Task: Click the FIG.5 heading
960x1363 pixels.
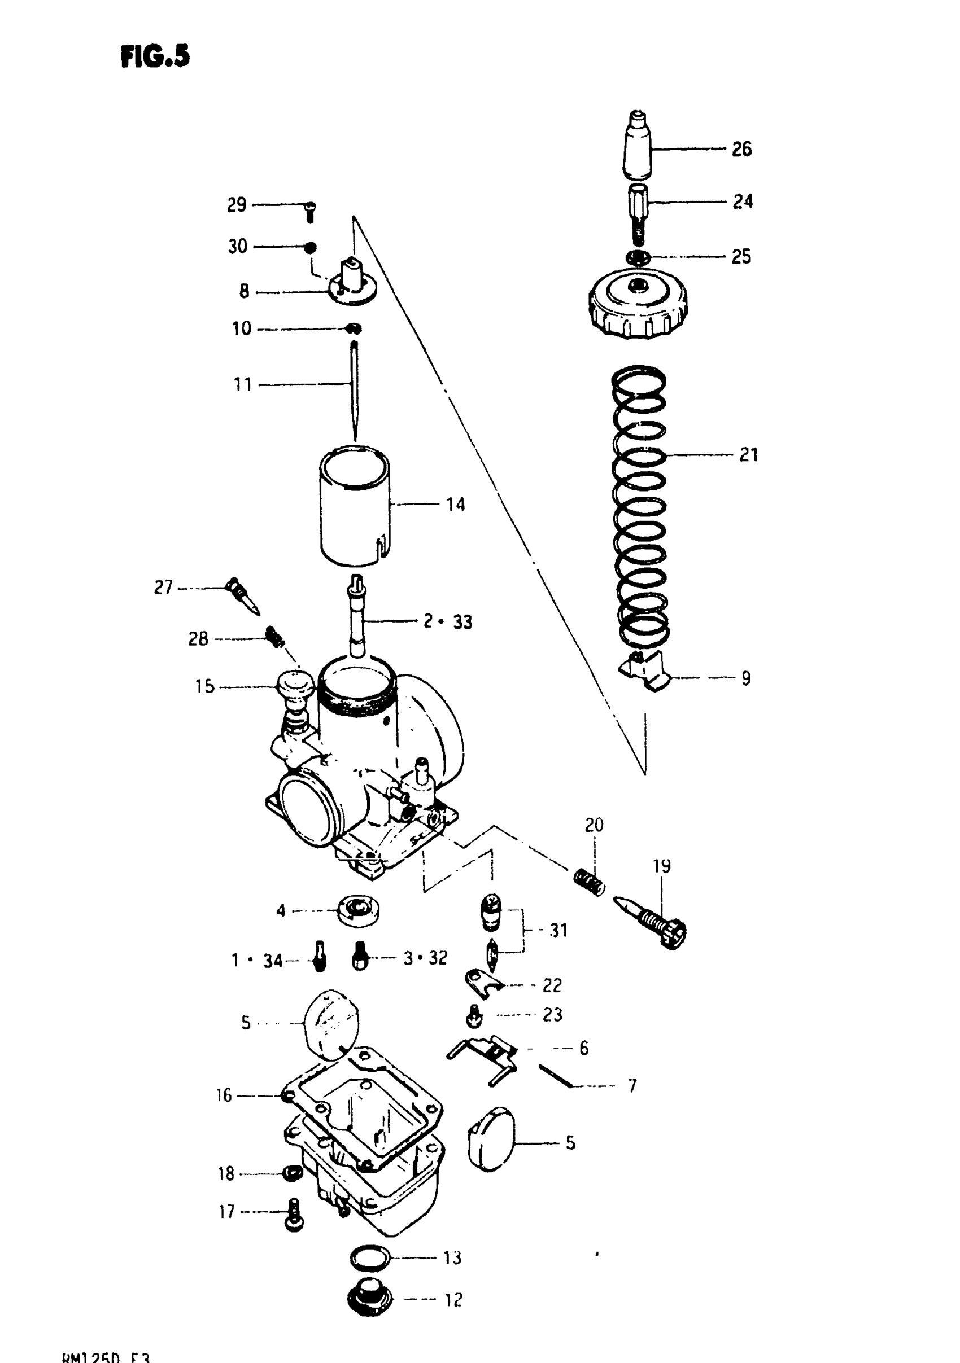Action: click(x=155, y=57)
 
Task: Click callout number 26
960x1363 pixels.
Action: click(x=741, y=149)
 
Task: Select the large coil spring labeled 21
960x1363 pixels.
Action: click(x=639, y=505)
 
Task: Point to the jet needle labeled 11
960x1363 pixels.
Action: click(x=355, y=392)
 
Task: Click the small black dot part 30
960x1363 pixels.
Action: click(x=310, y=247)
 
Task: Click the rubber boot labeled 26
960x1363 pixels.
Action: click(x=637, y=146)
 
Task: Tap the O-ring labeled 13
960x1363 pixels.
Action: click(x=369, y=1256)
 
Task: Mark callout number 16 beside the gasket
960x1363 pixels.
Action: click(x=224, y=1095)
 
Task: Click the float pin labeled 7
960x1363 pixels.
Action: click(x=555, y=1076)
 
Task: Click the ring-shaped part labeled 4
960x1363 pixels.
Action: click(x=358, y=910)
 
